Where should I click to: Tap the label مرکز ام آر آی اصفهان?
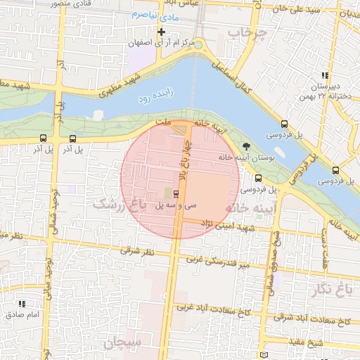coord(162,44)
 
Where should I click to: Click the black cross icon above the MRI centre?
coord(162,32)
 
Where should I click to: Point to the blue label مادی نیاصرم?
coord(152,13)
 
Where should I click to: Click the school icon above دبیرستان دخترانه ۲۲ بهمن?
coord(324,76)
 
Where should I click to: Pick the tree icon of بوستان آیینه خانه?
coord(244,144)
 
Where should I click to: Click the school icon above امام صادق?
coord(22,304)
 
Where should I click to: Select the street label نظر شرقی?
coord(136,251)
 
